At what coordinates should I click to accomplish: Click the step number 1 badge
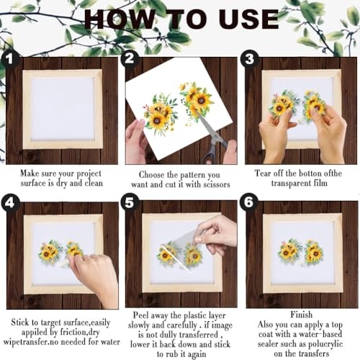click(x=9, y=59)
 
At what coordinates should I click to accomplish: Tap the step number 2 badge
click(x=130, y=59)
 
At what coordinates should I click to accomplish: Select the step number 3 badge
click(x=249, y=59)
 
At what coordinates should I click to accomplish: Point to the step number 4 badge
click(x=9, y=203)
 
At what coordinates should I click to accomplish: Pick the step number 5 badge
click(x=130, y=203)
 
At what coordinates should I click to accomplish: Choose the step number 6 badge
click(x=249, y=202)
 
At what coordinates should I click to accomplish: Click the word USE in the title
click(x=248, y=19)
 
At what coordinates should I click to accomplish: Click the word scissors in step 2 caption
click(x=217, y=184)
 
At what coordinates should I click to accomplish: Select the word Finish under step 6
click(x=302, y=315)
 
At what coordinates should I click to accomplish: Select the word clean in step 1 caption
click(x=94, y=183)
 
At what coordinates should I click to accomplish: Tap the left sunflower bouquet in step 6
click(x=289, y=251)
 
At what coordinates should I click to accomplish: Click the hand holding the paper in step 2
click(x=136, y=142)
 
